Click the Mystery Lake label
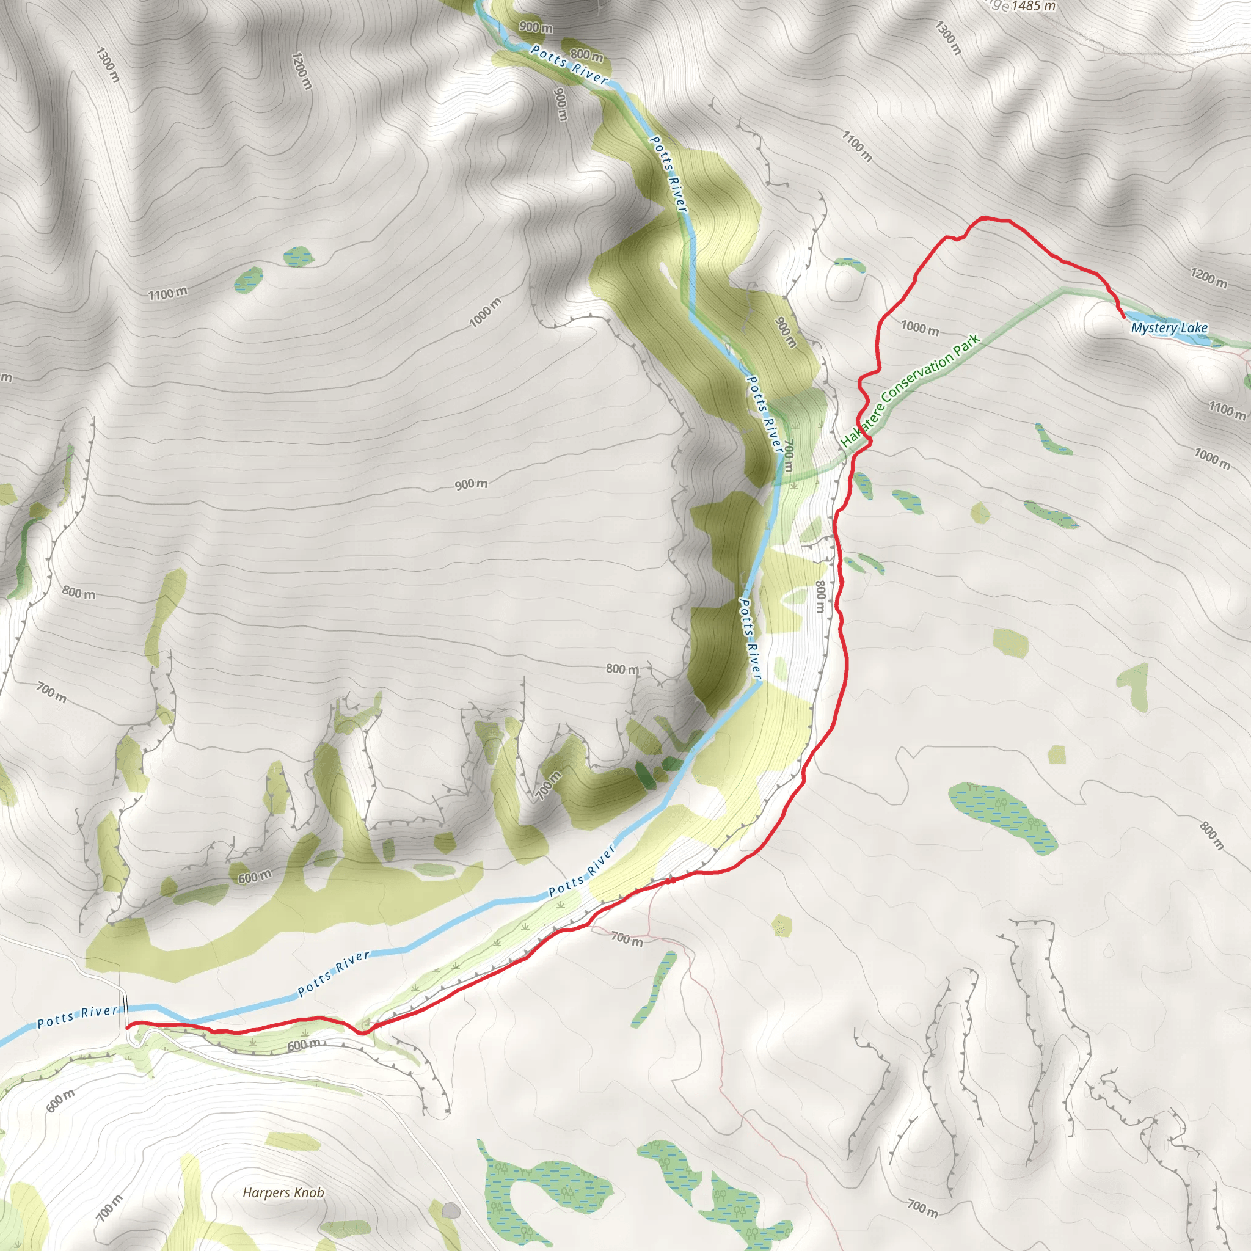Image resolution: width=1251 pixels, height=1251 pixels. tap(1169, 327)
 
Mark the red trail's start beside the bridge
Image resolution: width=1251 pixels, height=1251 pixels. tap(128, 1026)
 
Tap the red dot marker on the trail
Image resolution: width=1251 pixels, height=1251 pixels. tap(671, 881)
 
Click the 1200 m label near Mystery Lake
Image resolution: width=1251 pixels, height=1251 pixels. tap(1208, 277)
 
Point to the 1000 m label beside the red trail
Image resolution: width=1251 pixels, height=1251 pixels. tap(919, 327)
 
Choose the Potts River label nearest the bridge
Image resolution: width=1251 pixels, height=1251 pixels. tap(78, 1017)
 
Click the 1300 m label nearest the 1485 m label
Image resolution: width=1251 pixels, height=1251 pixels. tap(949, 37)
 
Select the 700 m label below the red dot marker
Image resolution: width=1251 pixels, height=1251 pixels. tap(627, 938)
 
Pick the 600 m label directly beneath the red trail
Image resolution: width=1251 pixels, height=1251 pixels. tap(304, 1045)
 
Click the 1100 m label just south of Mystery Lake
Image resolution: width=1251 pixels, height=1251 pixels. tap(1227, 409)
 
